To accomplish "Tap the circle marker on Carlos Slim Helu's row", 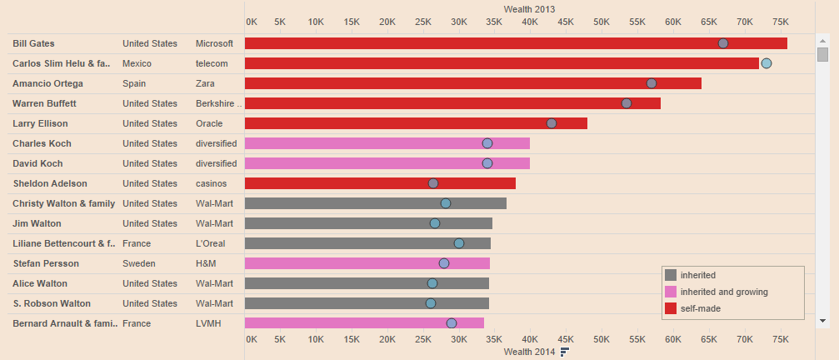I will coord(767,63).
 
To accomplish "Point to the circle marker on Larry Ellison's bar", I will coord(552,123).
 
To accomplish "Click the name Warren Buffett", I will coord(44,103).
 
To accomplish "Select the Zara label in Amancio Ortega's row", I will coord(207,83).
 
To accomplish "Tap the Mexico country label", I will coord(137,63).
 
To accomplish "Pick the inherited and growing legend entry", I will coord(723,292).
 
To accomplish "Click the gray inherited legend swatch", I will coord(671,275).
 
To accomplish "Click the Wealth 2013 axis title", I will coord(529,7).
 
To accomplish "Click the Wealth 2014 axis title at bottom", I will coord(529,352).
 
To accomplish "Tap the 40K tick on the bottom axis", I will coord(530,339).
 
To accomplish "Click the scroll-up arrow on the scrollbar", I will coord(823,40).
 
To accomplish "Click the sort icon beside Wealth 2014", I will coord(565,352).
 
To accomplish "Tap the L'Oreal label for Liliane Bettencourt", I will coord(210,243).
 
